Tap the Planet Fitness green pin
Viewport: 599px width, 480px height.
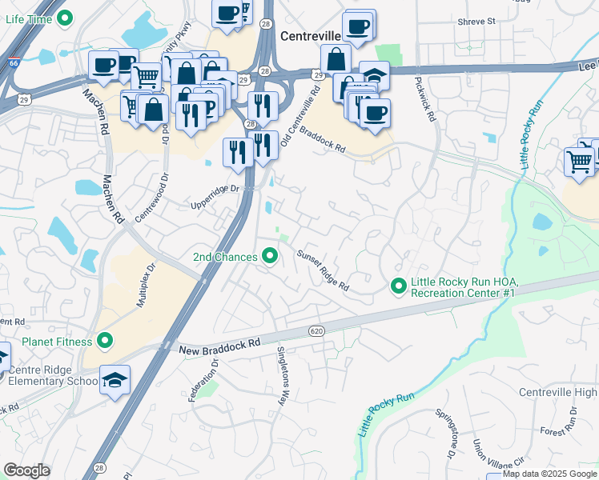[104, 342]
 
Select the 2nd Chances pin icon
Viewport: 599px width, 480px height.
[271, 257]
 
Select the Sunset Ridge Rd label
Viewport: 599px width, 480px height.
[323, 271]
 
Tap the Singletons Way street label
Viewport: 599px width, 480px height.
[282, 376]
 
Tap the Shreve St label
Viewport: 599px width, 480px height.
[478, 22]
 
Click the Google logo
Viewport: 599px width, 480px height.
[27, 470]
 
